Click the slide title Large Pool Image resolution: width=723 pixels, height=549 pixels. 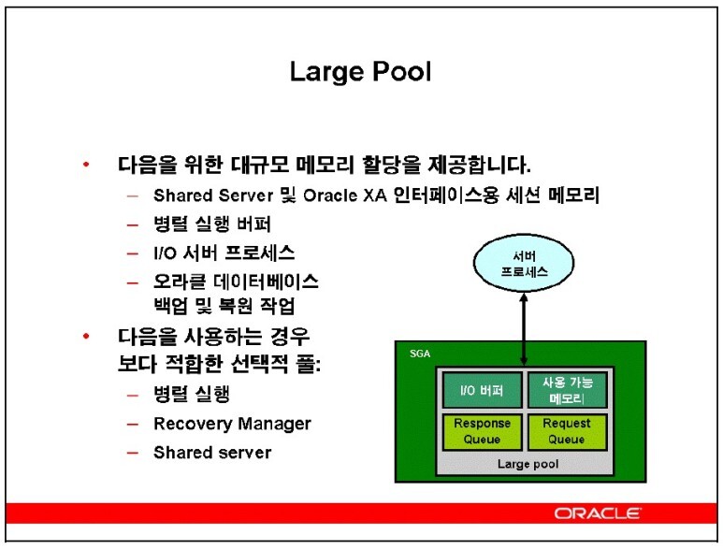(x=361, y=73)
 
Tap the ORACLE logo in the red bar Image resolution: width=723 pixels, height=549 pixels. (x=597, y=513)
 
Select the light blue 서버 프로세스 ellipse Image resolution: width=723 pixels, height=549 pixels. (x=524, y=263)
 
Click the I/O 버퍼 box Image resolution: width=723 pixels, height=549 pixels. (x=482, y=390)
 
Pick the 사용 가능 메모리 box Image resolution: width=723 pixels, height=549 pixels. (x=567, y=390)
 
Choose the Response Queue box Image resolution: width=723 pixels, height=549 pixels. (x=482, y=431)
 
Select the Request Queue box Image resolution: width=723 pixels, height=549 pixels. (x=567, y=431)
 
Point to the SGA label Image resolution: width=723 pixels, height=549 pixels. (x=420, y=354)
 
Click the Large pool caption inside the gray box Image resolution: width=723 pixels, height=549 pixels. (x=528, y=464)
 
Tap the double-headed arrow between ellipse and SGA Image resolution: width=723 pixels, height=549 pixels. (x=524, y=329)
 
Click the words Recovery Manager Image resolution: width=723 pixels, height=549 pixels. (x=232, y=424)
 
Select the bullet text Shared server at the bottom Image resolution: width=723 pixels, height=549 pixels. (x=212, y=453)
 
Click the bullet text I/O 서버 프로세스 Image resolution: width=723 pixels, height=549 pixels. (x=224, y=253)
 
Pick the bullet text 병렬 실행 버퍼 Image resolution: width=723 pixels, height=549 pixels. (x=212, y=224)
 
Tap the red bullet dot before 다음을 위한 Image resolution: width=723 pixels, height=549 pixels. (x=86, y=164)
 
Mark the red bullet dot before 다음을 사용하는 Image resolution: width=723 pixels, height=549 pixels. (x=86, y=336)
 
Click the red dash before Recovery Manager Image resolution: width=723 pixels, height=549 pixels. (x=133, y=425)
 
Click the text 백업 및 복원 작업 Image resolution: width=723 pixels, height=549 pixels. (x=224, y=306)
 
